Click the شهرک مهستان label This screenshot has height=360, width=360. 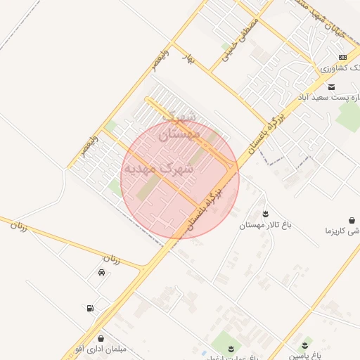pos(180,125)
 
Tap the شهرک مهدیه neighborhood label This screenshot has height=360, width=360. pos(158,169)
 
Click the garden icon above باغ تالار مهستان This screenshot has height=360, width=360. pos(265,213)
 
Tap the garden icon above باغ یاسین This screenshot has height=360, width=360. pos(304,345)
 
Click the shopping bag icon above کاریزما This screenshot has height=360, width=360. pos(352,220)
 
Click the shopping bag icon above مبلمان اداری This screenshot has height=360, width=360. pos(101,339)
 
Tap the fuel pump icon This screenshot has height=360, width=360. pos(89,308)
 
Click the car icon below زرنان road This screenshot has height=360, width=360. pos(102,272)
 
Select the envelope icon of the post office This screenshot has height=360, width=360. pos(331,86)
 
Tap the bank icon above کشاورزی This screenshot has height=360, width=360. pos(342,58)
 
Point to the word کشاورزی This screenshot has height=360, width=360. pos(336,68)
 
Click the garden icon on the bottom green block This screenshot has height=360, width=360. pos(230,347)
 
